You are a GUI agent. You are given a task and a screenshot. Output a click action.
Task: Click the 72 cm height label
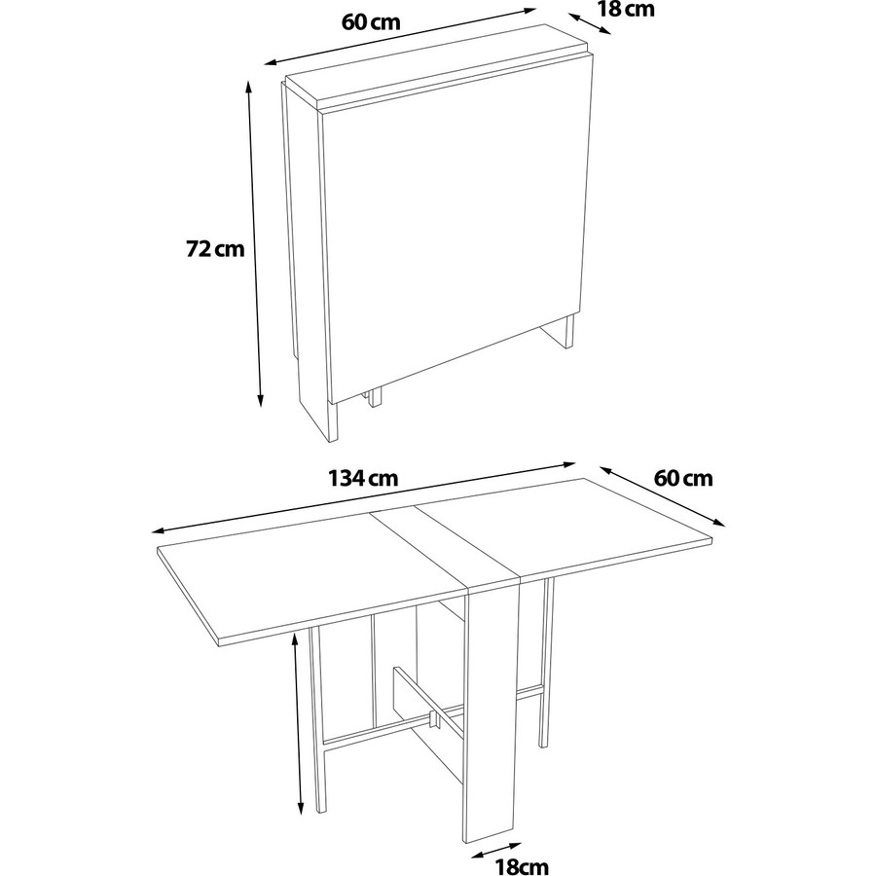[x=215, y=248]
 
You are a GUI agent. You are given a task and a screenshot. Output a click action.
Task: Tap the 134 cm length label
[x=363, y=478]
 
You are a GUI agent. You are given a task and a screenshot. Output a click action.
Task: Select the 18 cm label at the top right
[x=626, y=9]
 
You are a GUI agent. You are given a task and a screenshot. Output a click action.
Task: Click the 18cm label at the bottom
[x=522, y=866]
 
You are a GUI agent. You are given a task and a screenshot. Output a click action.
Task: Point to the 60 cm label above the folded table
[x=371, y=21]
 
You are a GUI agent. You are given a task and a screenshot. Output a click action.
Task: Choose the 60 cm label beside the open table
[x=683, y=478]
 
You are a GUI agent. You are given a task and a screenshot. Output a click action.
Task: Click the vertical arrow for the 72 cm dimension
[x=254, y=244]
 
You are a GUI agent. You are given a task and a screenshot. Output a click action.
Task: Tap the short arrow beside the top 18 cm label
[x=591, y=23]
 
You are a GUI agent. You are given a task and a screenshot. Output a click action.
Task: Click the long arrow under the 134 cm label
[x=364, y=497]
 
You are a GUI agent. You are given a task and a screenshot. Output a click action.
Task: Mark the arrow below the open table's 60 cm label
[x=663, y=496]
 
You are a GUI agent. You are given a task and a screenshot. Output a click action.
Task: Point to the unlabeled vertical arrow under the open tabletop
[x=298, y=723]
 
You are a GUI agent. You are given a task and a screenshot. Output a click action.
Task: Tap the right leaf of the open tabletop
[x=565, y=528]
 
